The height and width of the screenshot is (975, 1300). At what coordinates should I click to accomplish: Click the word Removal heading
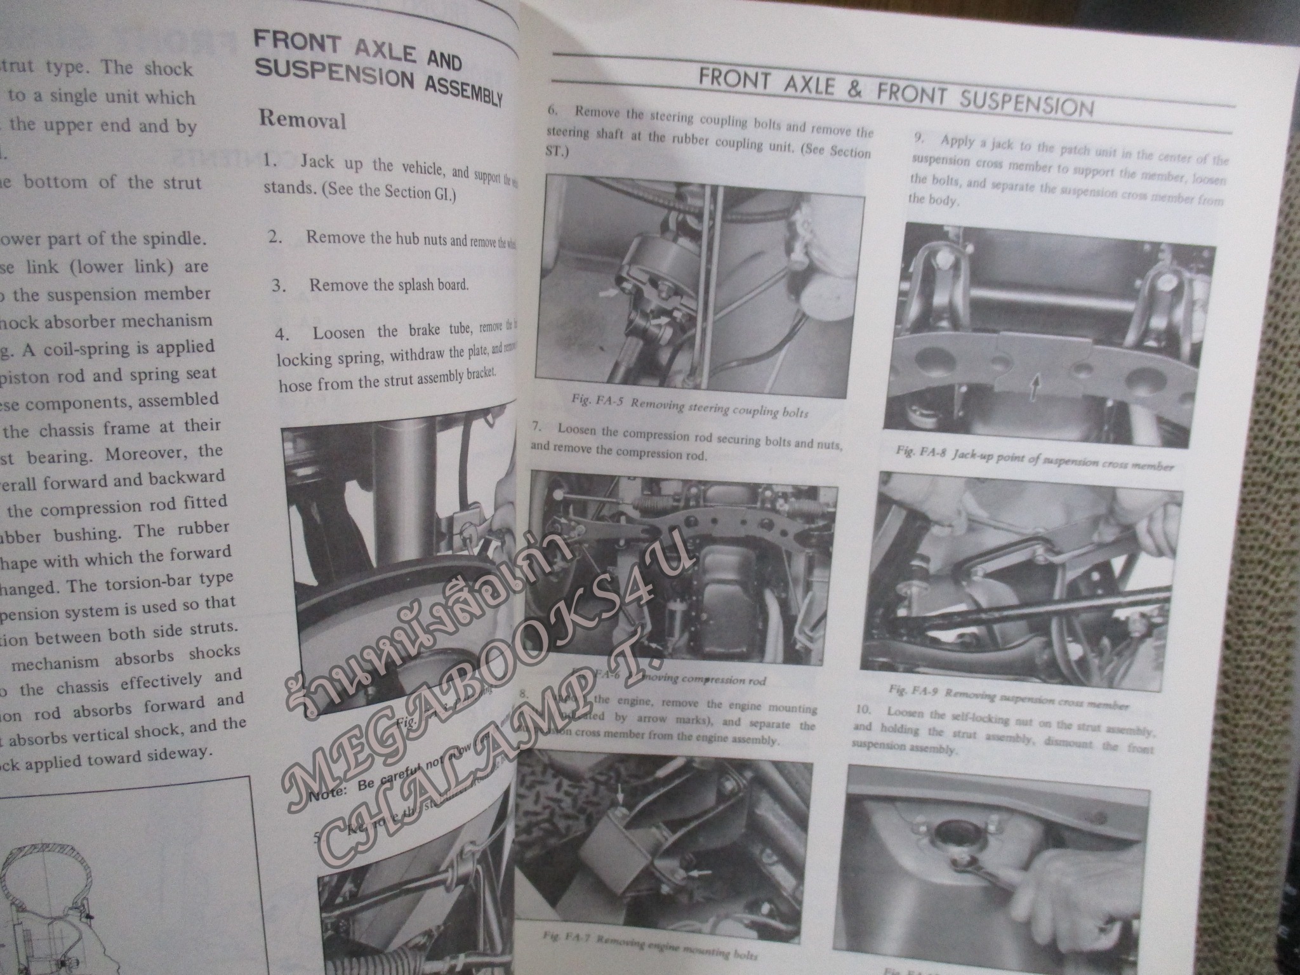click(303, 119)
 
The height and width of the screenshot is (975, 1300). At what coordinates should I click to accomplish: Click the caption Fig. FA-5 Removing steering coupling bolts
click(689, 408)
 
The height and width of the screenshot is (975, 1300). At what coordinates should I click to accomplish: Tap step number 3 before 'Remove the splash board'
click(279, 285)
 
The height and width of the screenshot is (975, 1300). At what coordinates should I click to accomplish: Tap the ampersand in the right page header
click(854, 89)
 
